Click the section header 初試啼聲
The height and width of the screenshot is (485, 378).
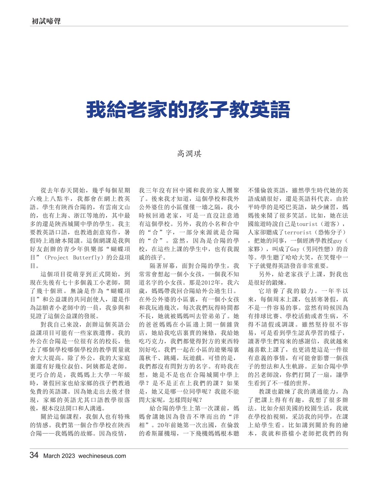[x=46, y=21]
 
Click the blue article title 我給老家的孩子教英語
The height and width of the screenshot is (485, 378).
[x=188, y=110]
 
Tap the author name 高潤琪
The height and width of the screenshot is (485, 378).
[x=189, y=154]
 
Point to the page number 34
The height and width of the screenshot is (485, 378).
[x=34, y=455]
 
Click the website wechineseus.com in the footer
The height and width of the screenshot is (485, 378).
[x=102, y=456]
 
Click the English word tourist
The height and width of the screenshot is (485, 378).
[x=307, y=224]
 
